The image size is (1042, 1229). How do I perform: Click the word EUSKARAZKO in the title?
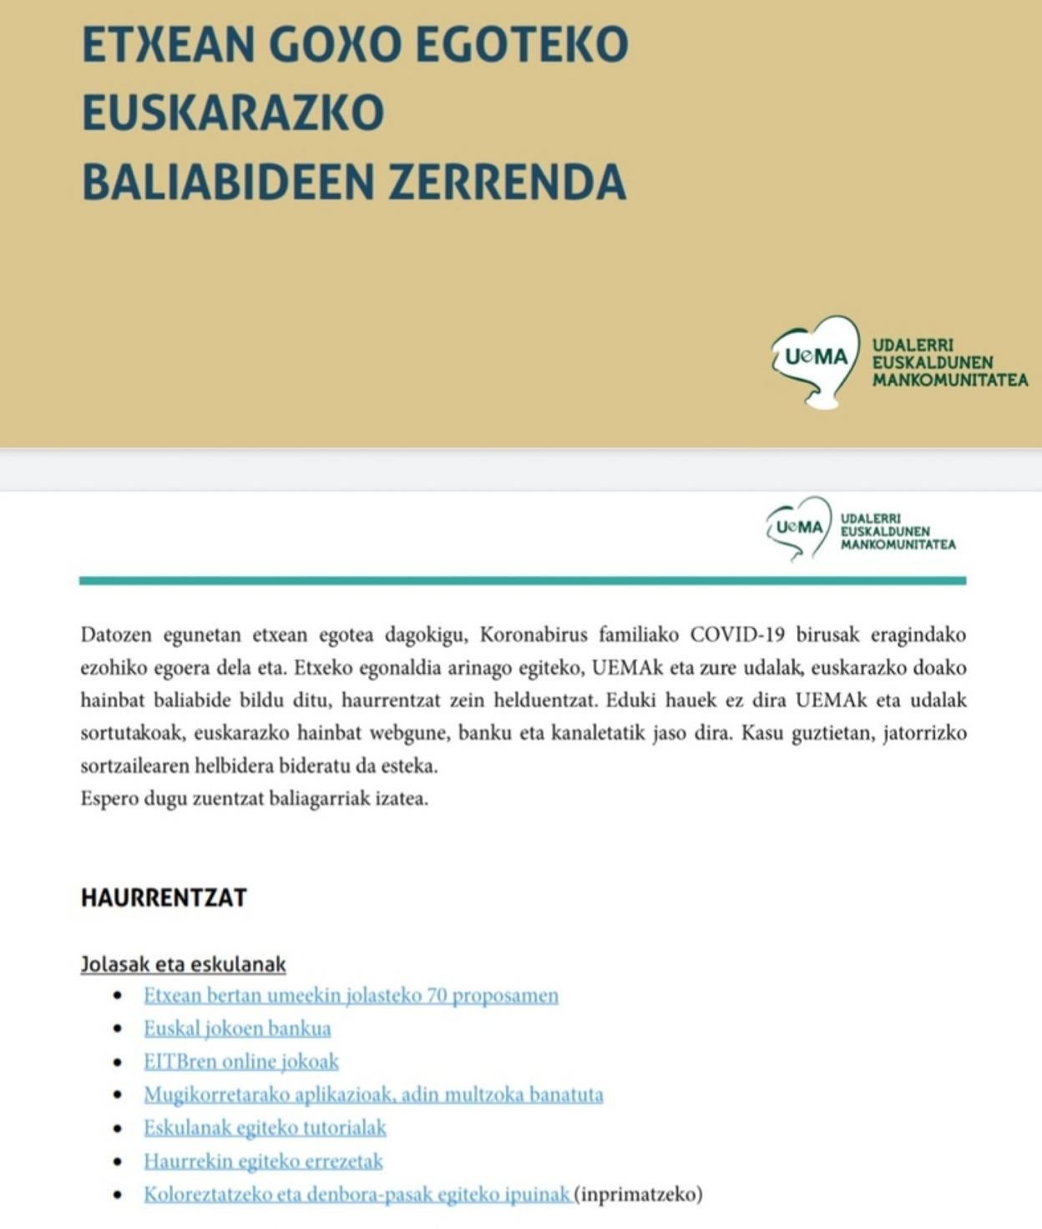point(232,113)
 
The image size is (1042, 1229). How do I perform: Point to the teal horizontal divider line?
point(522,580)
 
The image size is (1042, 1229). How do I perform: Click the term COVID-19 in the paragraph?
point(737,635)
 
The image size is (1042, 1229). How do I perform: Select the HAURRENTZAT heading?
point(164,898)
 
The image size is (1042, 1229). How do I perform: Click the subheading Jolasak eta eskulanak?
point(183,964)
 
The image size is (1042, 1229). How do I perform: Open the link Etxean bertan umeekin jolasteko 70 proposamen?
point(351,995)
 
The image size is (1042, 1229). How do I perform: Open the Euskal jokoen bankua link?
point(237,1029)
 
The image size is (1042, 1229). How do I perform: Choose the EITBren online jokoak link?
point(241,1061)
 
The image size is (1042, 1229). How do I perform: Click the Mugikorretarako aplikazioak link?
point(373,1095)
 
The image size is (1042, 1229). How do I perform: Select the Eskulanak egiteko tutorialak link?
point(265,1128)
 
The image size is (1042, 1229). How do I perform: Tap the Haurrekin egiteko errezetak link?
point(263,1161)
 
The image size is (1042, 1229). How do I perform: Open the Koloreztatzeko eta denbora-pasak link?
point(357,1194)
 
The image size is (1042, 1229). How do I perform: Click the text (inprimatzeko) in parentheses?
point(640,1194)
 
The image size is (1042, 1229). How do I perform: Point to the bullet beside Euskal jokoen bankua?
point(119,1029)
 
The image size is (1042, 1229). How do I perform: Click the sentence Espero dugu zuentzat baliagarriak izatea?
point(254,798)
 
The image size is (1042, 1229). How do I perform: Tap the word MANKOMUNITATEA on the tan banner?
point(950,381)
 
